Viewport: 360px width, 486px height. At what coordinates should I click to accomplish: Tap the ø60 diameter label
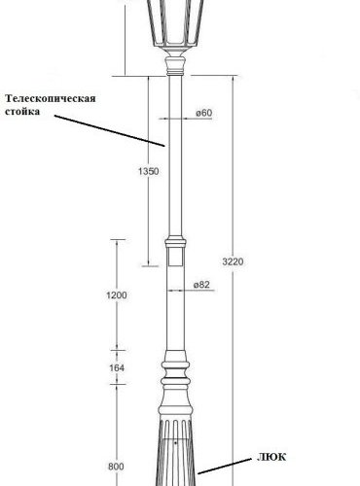pos(203,114)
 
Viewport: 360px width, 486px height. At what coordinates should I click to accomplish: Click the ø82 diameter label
pos(203,284)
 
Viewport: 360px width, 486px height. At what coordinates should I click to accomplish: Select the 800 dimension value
pos(117,467)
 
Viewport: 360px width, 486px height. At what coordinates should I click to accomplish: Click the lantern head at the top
pos(176,24)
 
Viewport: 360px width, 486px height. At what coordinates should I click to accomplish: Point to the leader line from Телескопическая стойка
pos(107,131)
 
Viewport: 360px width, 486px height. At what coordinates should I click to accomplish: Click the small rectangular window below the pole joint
pos(175,259)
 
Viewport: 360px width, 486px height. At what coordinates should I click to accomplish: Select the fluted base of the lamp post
pos(175,447)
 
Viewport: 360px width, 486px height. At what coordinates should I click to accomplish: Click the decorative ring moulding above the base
pos(175,374)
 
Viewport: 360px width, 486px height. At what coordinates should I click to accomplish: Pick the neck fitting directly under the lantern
pos(175,66)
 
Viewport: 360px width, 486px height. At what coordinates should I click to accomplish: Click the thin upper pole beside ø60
pos(175,146)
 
